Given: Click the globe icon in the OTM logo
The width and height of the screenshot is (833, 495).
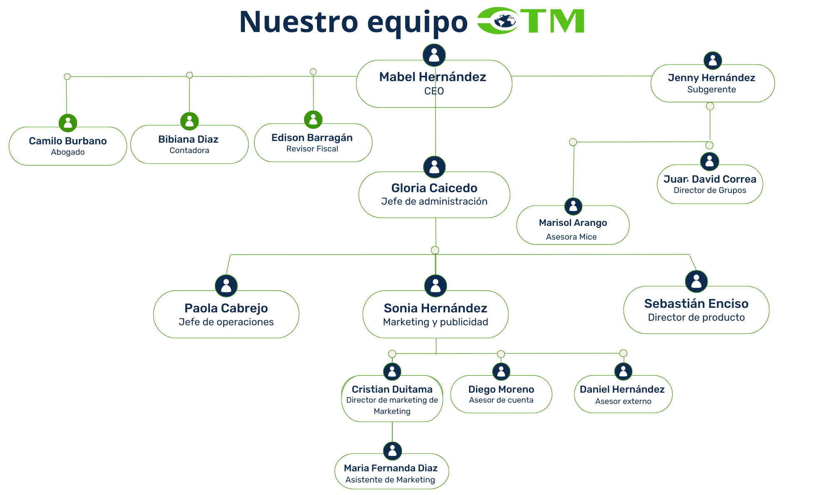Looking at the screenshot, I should point(505,20).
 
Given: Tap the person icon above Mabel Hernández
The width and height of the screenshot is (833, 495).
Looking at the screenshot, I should point(434,55).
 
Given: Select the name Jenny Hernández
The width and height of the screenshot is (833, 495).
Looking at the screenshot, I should point(711,78).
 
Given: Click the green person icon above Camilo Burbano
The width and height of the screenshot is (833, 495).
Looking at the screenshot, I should point(68,123).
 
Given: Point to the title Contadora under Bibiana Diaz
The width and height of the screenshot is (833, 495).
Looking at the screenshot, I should point(189,151).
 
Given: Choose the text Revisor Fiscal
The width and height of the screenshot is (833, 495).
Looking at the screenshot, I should point(312,149).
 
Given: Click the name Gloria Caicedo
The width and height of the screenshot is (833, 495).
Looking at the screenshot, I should point(434,188).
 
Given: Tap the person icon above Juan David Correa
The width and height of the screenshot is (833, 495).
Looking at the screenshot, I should point(709,161).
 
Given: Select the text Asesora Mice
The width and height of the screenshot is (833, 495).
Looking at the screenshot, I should point(571,237).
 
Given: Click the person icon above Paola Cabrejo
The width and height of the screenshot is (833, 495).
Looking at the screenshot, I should point(226,286).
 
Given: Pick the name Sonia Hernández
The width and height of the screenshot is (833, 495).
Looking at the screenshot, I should point(435,308).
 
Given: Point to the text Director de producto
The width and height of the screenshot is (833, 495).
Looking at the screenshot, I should point(696,317).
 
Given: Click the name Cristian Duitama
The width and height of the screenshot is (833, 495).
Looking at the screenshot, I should point(392,389).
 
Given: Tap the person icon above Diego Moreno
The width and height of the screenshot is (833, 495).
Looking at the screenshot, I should point(501,371).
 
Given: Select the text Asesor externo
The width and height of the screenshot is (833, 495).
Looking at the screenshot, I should point(623,401).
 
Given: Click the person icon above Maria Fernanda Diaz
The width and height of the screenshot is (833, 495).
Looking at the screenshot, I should point(392,450).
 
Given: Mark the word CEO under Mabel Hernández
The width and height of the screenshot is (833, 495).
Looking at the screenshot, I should point(434,91).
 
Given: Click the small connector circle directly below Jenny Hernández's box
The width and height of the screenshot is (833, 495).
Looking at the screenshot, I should point(710,106).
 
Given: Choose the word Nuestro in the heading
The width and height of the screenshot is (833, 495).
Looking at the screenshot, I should point(298,22).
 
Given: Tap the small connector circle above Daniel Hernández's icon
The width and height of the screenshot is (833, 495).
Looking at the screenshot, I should point(623,353).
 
